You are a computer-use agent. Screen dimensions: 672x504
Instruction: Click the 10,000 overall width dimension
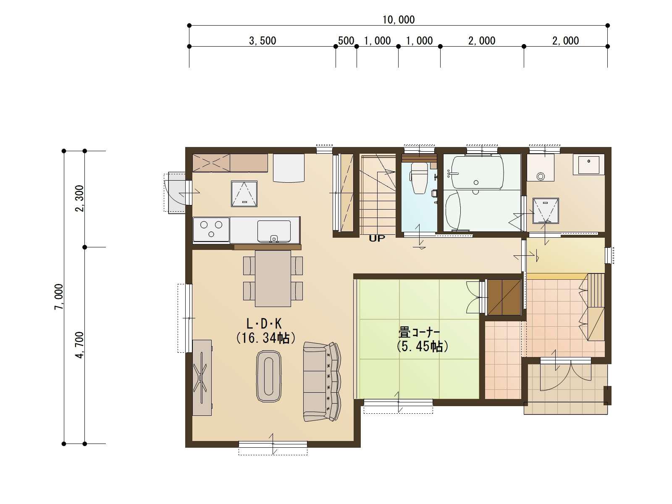tap(398, 20)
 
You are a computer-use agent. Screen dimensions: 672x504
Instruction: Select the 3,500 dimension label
tap(262, 41)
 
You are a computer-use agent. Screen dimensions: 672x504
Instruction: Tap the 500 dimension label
tap(346, 41)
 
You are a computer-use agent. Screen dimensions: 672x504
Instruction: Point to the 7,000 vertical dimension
tap(59, 297)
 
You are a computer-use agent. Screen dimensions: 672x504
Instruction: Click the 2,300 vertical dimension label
tap(80, 198)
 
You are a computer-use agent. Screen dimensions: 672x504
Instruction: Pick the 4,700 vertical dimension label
tap(80, 345)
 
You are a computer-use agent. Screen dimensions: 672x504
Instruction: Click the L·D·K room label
tap(264, 323)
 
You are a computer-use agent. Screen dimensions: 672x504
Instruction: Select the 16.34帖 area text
tap(266, 338)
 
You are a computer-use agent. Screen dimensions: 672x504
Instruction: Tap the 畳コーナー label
tap(419, 332)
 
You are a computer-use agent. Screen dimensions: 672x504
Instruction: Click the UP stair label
tap(377, 239)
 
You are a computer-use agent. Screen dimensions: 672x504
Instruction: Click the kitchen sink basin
tap(274, 231)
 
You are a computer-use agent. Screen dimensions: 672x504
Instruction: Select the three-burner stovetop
tap(211, 229)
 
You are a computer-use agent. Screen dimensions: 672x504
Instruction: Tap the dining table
tap(273, 278)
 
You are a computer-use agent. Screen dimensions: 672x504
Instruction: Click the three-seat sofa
tap(322, 382)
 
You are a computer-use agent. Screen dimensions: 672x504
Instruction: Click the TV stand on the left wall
tap(202, 378)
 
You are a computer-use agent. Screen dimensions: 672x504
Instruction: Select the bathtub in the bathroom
tap(476, 173)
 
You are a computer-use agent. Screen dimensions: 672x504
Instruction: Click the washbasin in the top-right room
tap(588, 165)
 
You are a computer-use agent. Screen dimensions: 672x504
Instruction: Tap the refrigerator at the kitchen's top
tap(289, 168)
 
